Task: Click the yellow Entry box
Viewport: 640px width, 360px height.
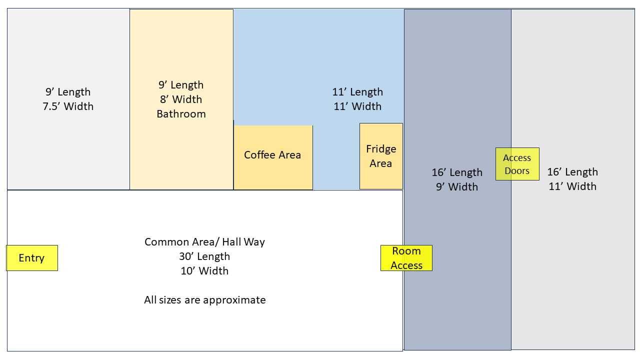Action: [x=32, y=258]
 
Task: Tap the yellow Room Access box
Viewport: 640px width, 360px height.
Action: [x=406, y=258]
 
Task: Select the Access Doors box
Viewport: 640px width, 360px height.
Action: [x=517, y=164]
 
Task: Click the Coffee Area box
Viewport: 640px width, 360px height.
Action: [x=273, y=157]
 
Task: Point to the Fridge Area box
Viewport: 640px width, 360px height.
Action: [x=381, y=156]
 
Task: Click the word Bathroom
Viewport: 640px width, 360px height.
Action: [x=181, y=114]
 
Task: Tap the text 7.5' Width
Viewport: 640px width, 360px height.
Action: [x=68, y=106]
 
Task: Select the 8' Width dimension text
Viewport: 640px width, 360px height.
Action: [x=181, y=99]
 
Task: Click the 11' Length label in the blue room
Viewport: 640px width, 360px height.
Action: [x=357, y=92]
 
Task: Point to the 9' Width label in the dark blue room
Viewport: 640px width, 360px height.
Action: [x=457, y=187]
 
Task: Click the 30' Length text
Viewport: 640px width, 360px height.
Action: [x=204, y=256]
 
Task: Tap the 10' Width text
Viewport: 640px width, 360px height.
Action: [x=204, y=271]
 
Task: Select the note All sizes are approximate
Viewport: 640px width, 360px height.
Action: [x=205, y=300]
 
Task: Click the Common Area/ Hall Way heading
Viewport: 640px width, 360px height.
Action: [x=204, y=242]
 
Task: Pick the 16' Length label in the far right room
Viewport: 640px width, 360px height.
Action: [x=572, y=172]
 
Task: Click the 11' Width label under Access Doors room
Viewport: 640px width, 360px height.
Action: [x=572, y=186]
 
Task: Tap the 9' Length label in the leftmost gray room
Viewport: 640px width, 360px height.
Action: [x=68, y=92]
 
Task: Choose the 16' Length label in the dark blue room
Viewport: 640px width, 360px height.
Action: [x=457, y=172]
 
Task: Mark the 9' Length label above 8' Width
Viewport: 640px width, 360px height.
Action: [x=181, y=85]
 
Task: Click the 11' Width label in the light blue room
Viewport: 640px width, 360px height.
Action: [x=357, y=106]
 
